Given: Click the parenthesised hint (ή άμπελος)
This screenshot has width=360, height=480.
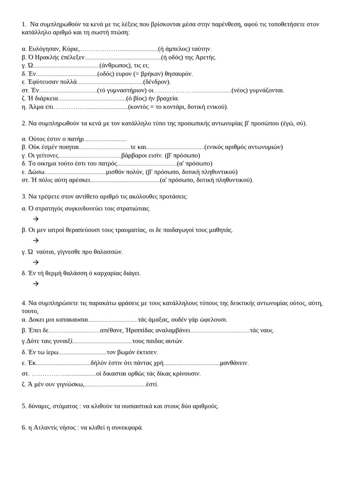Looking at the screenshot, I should pos(174,49).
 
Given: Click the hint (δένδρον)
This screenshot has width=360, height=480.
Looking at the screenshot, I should pos(157,82).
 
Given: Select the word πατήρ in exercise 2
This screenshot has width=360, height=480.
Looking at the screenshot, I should pos(75,139).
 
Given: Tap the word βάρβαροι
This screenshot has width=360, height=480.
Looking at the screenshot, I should pos(134,155).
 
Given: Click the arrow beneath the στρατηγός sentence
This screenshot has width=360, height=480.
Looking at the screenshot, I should pos(36,219).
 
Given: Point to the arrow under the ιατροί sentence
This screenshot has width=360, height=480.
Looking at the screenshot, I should pos(36,240).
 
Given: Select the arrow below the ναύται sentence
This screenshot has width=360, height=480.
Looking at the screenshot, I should pos(36,262).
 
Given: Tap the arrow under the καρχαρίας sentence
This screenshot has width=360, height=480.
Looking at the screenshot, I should pos(36,284).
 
